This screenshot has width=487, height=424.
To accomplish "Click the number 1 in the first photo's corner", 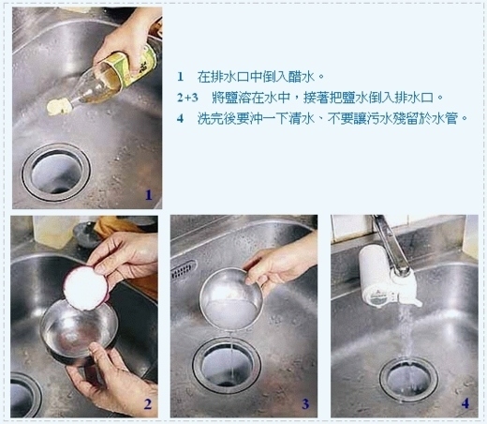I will (147, 195).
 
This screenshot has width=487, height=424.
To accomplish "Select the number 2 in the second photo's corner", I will (146, 404).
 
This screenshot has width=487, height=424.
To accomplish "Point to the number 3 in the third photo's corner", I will (304, 404).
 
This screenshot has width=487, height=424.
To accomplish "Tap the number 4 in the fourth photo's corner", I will (465, 404).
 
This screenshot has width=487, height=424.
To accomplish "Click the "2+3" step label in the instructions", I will (187, 97).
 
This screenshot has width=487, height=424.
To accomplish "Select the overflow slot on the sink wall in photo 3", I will (183, 270).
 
